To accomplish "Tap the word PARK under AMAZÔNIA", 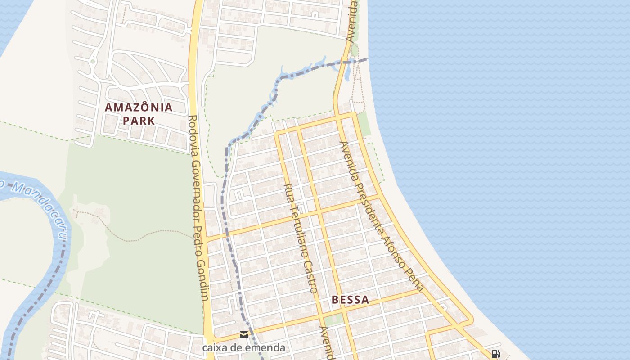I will pyautogui.click(x=139, y=121).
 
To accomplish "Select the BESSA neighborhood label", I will pyautogui.click(x=350, y=300).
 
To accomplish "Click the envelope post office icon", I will pyautogui.click(x=244, y=334).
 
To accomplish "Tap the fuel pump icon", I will pyautogui.click(x=495, y=354).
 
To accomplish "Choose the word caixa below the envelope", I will pyautogui.click(x=214, y=347).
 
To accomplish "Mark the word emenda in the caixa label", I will pyautogui.click(x=267, y=347).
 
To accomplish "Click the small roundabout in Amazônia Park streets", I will pyautogui.click(x=93, y=61).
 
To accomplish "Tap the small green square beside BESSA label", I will pyautogui.click(x=333, y=320).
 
